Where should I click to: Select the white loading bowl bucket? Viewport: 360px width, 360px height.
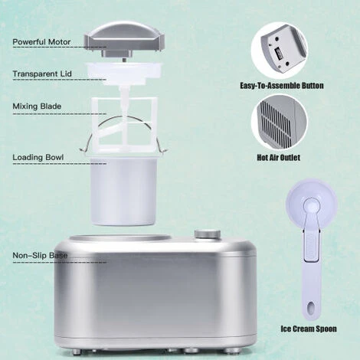(x=123, y=191)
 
